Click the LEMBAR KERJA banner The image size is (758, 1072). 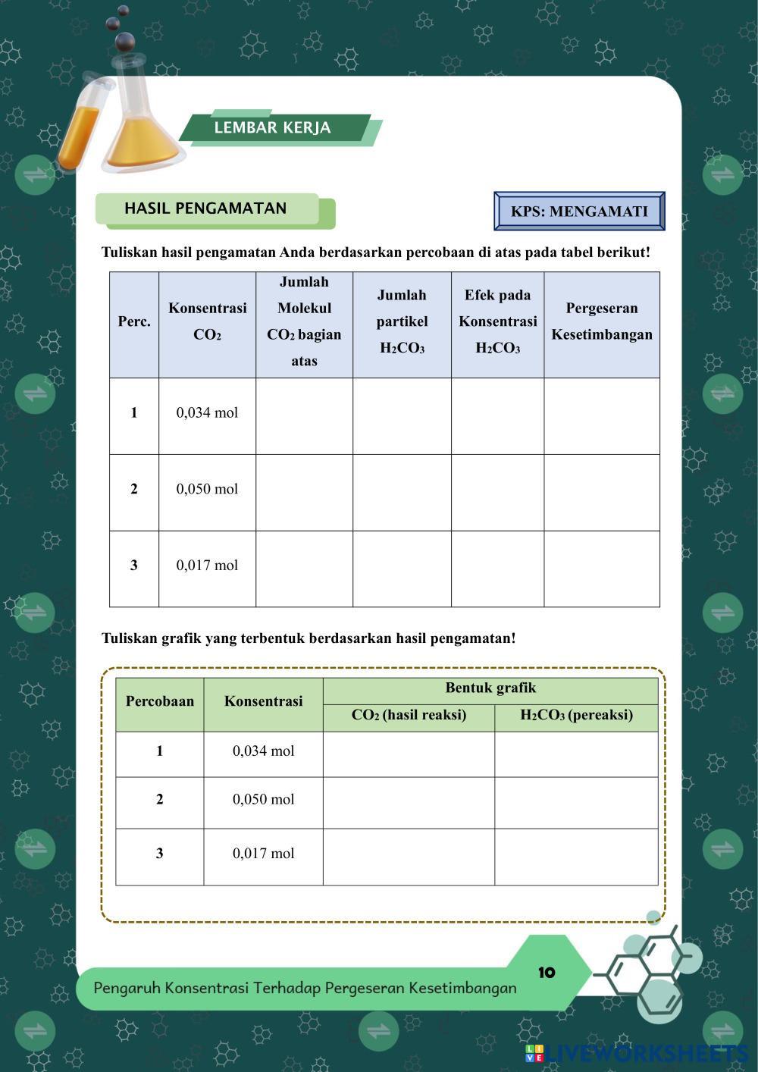coord(273,127)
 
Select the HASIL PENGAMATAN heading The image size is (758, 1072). coord(205,208)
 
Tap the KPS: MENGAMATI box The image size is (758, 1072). coord(579,212)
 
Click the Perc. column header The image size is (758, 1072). coord(134,321)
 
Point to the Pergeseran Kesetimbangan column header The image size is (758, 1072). coord(601,321)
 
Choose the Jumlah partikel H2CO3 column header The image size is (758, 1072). coord(402,321)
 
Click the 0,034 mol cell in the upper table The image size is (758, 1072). coord(207,413)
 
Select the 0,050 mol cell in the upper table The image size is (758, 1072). coord(207,489)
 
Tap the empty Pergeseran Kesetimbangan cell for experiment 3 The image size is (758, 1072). coord(601,569)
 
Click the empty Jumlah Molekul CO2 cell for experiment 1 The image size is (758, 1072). coord(304,416)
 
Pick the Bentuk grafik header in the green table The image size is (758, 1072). coord(490,688)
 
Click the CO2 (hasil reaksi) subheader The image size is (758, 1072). coord(409,716)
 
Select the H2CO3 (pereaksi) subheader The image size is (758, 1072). coord(576,716)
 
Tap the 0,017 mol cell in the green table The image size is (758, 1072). coord(263,854)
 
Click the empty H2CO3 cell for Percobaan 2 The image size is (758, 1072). coord(576,802)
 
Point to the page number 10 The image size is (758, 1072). coord(547,973)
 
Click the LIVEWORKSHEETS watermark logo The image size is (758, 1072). coord(637,1053)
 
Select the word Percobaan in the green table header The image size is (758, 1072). coord(160,701)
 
